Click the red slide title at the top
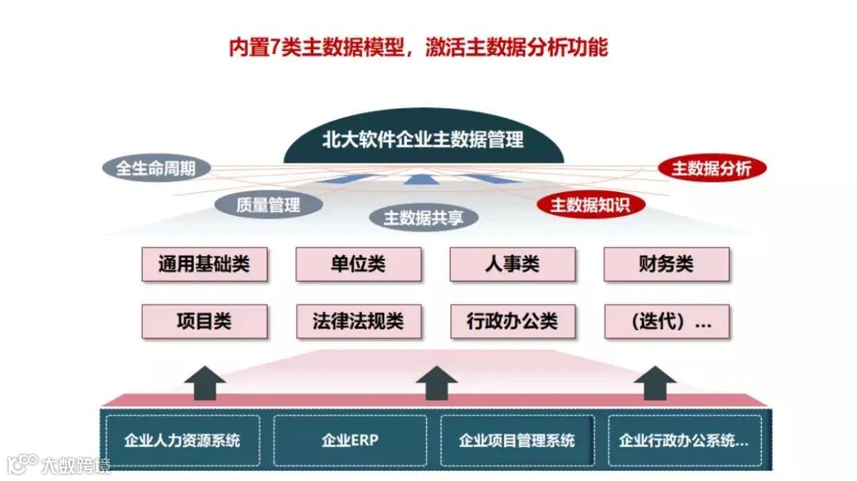click(418, 48)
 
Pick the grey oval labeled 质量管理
click(268, 205)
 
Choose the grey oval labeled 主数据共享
click(424, 217)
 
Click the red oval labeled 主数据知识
click(590, 205)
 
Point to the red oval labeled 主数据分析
click(712, 168)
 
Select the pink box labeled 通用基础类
click(204, 264)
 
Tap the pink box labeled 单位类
click(358, 264)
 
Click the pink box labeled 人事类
click(512, 264)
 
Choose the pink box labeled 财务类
click(666, 264)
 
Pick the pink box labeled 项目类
click(204, 321)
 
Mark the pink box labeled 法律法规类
click(358, 321)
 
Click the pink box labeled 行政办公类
click(512, 321)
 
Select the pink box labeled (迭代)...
click(666, 321)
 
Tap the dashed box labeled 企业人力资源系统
click(182, 441)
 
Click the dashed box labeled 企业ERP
click(350, 441)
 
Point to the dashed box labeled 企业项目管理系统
click(517, 441)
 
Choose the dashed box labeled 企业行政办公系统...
click(684, 441)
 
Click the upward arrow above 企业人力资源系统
click(205, 382)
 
